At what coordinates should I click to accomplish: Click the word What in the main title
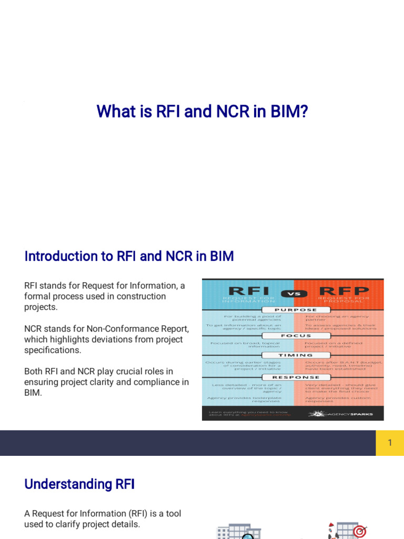(112, 112)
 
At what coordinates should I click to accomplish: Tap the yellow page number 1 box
(390, 443)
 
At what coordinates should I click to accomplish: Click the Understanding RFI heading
(79, 484)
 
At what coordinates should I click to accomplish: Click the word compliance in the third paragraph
(157, 382)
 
